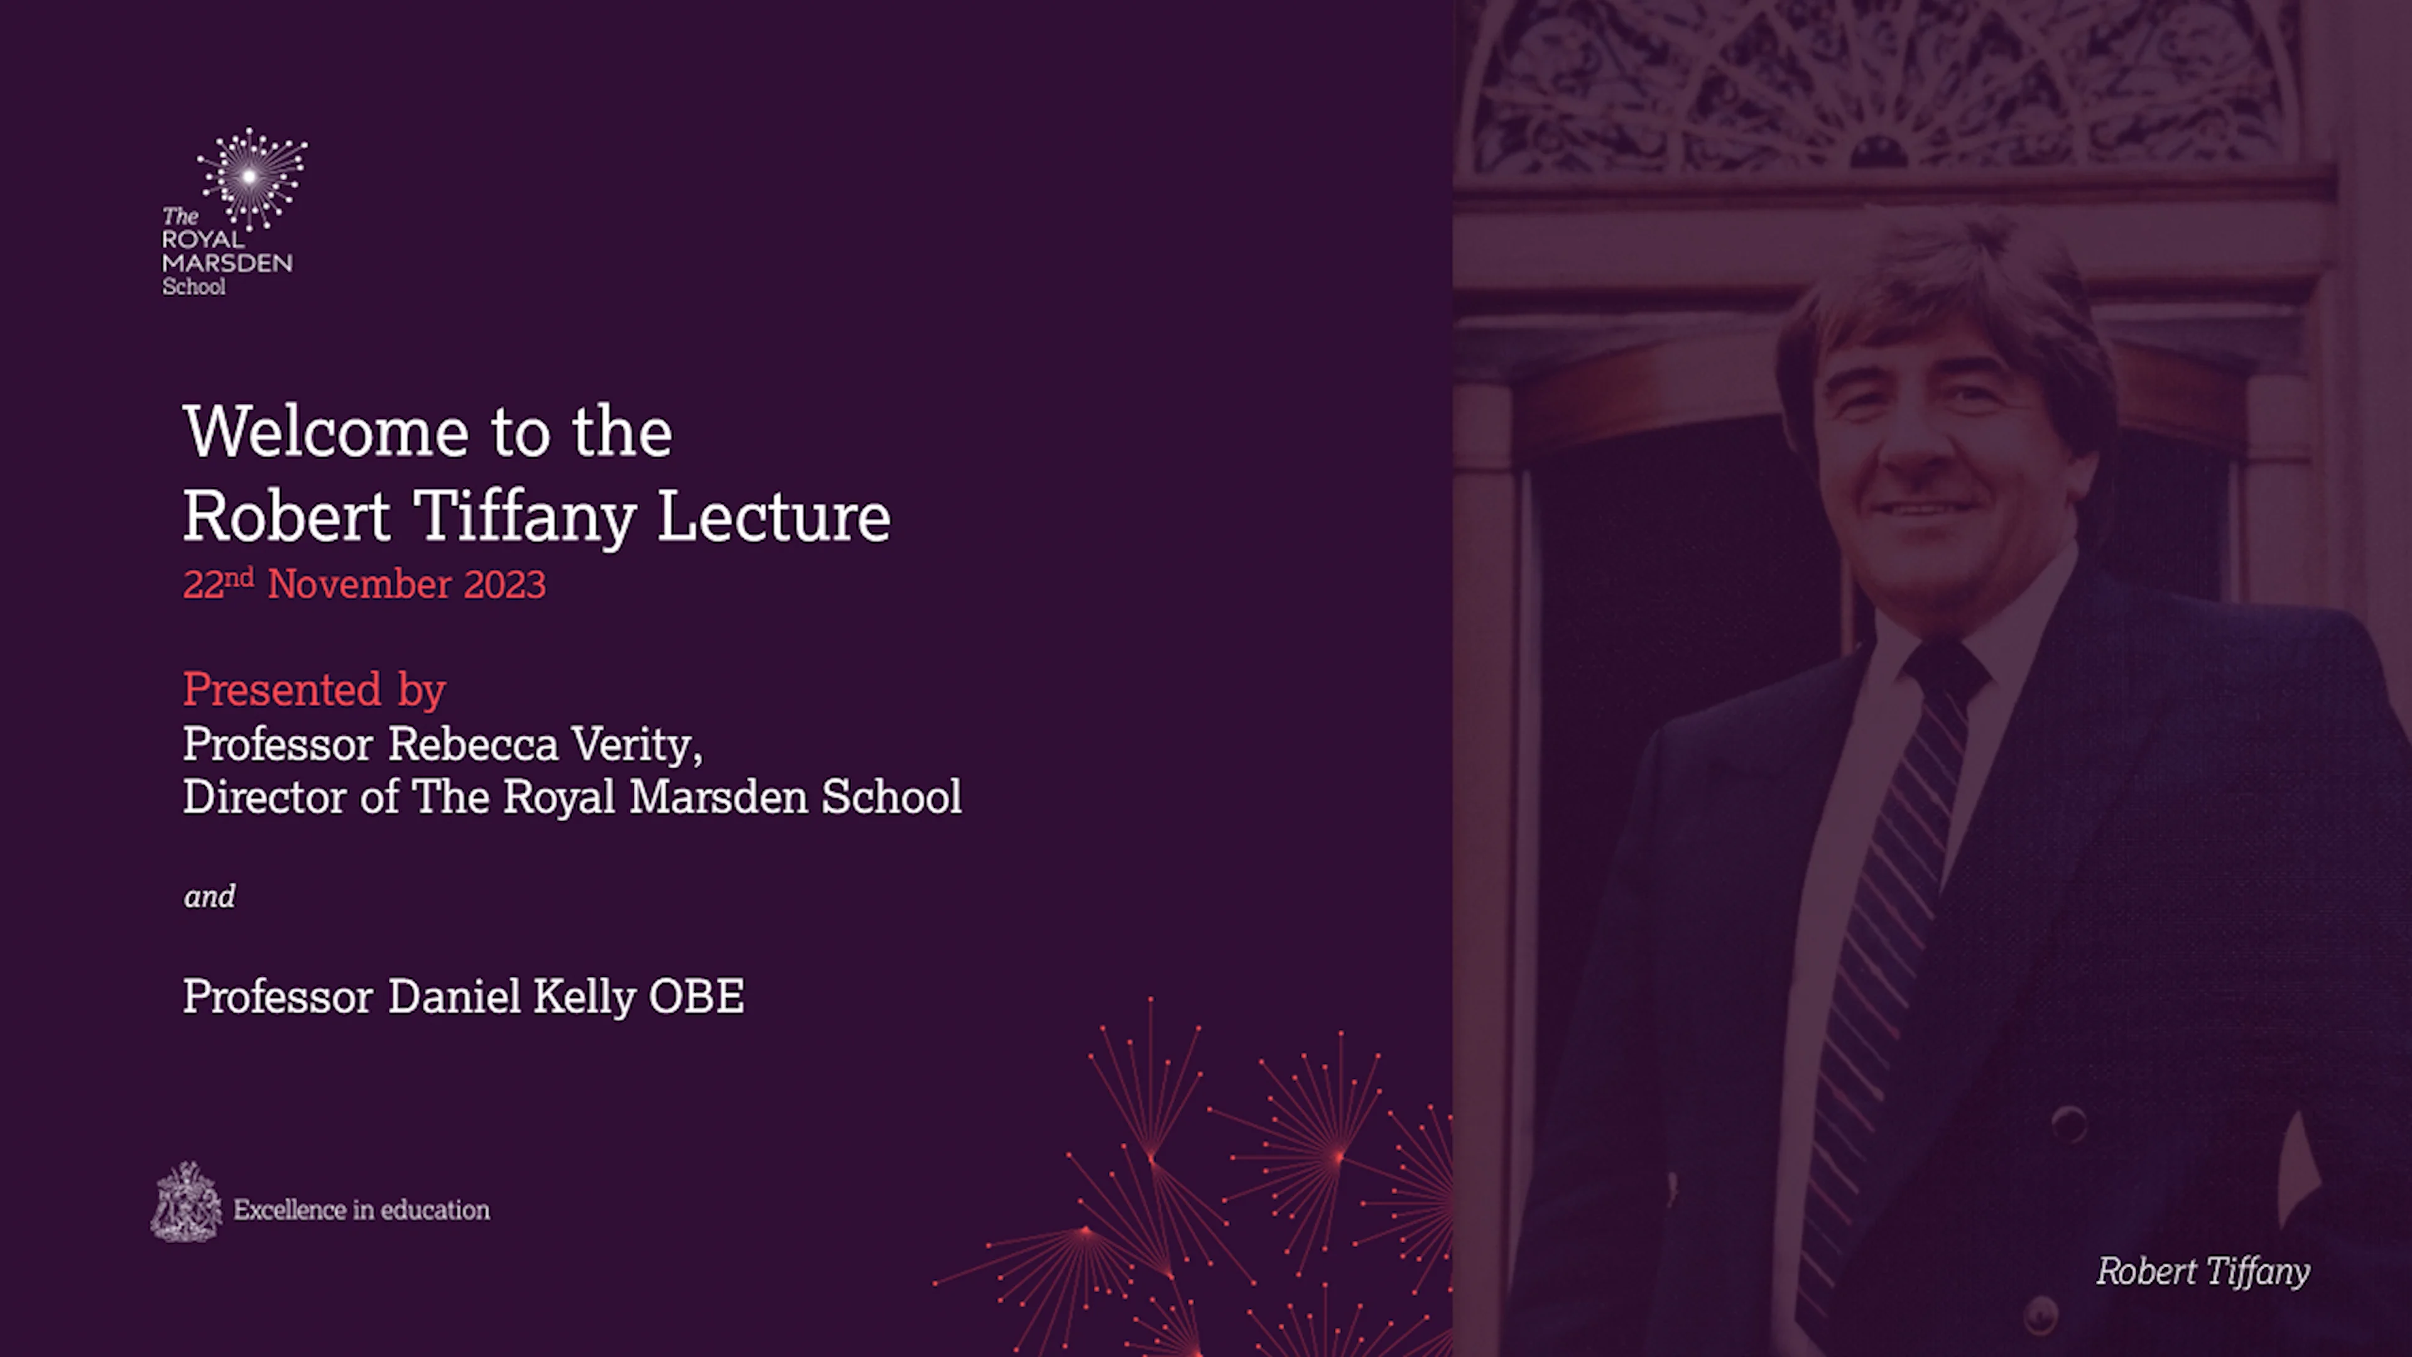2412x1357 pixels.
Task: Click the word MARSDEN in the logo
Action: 227,263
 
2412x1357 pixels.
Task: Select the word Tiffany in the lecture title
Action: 525,517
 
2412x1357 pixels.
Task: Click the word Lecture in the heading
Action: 773,517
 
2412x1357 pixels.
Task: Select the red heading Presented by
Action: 313,690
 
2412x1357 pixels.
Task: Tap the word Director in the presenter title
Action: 265,798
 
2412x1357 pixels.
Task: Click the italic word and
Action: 209,897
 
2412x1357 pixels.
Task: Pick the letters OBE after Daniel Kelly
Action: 696,996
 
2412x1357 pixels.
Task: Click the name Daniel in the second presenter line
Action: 454,996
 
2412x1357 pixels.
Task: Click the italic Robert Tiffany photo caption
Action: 2202,1272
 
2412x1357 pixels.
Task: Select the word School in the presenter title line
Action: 891,798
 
